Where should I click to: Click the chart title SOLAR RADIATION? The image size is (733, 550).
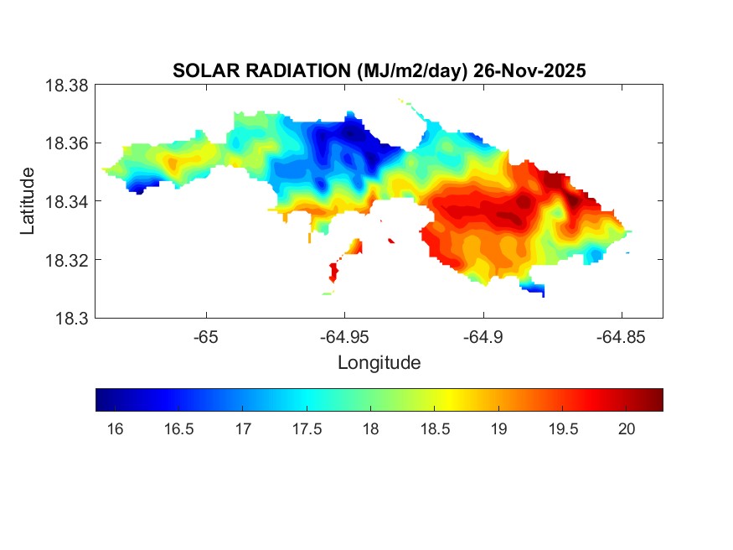coord(256,71)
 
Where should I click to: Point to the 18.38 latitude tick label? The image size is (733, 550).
coord(66,86)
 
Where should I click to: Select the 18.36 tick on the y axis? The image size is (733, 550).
coord(66,143)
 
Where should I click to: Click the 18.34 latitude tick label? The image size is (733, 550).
coord(66,201)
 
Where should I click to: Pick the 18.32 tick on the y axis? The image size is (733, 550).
coord(66,260)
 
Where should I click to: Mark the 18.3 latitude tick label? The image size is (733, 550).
coord(71,318)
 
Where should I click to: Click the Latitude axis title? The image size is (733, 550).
coord(28,201)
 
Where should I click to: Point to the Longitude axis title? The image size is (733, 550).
coord(379,363)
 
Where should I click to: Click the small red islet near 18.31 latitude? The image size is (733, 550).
coord(334,272)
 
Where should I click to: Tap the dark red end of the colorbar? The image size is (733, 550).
coord(657,400)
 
